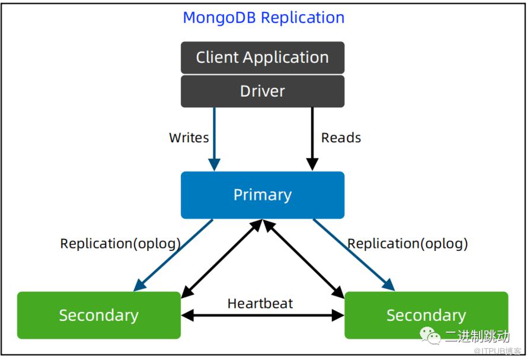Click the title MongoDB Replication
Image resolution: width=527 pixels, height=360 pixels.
pyautogui.click(x=263, y=17)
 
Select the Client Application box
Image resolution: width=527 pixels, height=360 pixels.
pyautogui.click(x=263, y=58)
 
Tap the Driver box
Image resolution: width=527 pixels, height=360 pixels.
pyautogui.click(x=263, y=91)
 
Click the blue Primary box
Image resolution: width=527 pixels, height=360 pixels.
pyautogui.click(x=263, y=195)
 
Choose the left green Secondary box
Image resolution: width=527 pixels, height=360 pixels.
pyautogui.click(x=99, y=316)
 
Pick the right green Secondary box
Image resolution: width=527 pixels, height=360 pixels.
pyautogui.click(x=426, y=316)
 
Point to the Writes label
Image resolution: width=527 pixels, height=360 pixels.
pyautogui.click(x=189, y=138)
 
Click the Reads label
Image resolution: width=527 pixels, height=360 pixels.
pyautogui.click(x=341, y=138)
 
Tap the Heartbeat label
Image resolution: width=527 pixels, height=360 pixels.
pyautogui.click(x=260, y=304)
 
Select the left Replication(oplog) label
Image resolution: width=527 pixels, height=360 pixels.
pyautogui.click(x=120, y=244)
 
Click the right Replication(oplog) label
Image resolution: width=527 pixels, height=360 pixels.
pyautogui.click(x=407, y=244)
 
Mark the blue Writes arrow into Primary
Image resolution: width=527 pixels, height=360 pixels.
pyautogui.click(x=215, y=139)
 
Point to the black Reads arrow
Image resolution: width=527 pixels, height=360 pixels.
pyautogui.click(x=312, y=139)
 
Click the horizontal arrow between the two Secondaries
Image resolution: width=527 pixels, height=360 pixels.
pyautogui.click(x=263, y=316)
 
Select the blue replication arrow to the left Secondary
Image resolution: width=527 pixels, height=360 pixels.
pyautogui.click(x=173, y=255)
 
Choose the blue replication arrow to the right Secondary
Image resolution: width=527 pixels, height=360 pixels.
pyautogui.click(x=354, y=255)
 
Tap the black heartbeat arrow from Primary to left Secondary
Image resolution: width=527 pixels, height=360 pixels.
pyautogui.click(x=222, y=259)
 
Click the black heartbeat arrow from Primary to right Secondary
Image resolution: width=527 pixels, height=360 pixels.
pyautogui.click(x=304, y=259)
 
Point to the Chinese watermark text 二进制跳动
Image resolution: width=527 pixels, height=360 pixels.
pyautogui.click(x=477, y=336)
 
